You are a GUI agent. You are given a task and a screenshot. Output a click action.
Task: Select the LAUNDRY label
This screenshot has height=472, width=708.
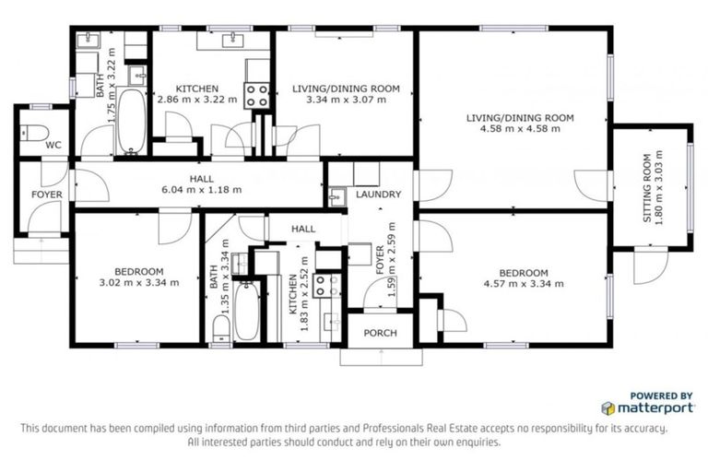tap(378, 195)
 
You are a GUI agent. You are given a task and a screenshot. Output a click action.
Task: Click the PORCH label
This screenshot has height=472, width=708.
tap(380, 333)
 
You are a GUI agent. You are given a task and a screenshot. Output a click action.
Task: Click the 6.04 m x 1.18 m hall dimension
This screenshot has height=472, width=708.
tap(202, 189)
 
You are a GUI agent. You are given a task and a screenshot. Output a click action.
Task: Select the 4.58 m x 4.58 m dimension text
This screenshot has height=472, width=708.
tap(520, 129)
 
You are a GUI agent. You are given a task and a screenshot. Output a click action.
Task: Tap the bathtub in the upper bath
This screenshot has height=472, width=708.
tap(130, 121)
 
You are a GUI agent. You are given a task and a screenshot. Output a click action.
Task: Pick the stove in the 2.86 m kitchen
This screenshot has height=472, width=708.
tap(256, 94)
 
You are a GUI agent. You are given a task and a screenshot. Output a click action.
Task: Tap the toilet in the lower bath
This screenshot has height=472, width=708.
tap(219, 329)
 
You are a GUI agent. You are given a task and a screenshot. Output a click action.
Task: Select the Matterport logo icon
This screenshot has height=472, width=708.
tap(608, 407)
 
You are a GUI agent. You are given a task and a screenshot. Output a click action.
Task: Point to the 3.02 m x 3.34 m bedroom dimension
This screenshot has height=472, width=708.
tap(138, 281)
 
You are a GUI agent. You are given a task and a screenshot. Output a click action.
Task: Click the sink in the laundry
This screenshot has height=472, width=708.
tap(336, 195)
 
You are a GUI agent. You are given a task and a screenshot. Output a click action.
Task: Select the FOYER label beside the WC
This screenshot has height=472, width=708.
tap(47, 195)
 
